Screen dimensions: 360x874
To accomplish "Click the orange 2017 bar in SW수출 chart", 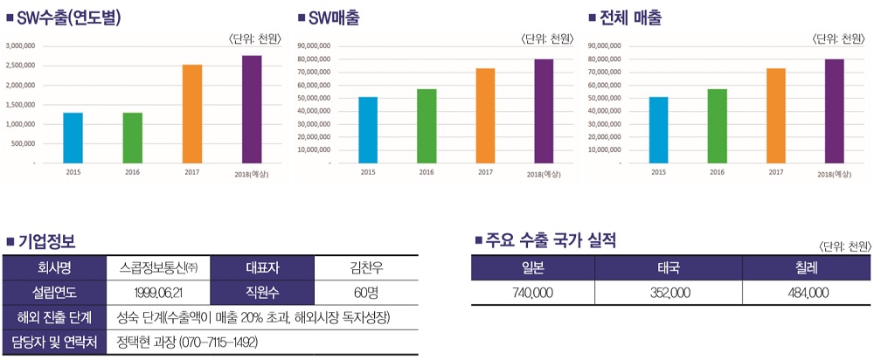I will coord(192,114).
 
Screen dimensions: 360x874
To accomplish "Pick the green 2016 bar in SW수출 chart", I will coord(133,137).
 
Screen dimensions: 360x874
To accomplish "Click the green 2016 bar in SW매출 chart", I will coord(427,126).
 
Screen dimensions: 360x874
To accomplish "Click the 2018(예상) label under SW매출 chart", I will coord(544,174).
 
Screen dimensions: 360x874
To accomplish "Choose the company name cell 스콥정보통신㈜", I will coord(158,268).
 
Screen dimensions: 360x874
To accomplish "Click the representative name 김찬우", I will coord(365,268).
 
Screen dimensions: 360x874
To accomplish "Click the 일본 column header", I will coord(532,268).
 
